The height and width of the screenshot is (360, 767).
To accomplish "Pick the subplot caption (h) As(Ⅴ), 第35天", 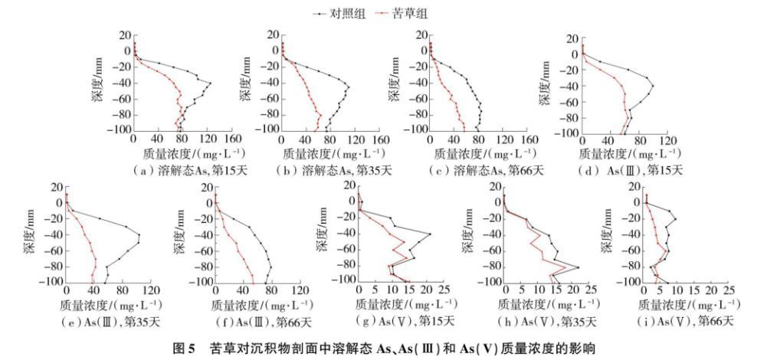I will point(549,319).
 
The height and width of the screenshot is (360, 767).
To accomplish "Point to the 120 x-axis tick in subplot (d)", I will point(667,143).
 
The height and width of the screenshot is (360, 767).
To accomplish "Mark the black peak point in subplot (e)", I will point(139,234).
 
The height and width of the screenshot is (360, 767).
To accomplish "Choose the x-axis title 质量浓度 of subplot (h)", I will point(548,305).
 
